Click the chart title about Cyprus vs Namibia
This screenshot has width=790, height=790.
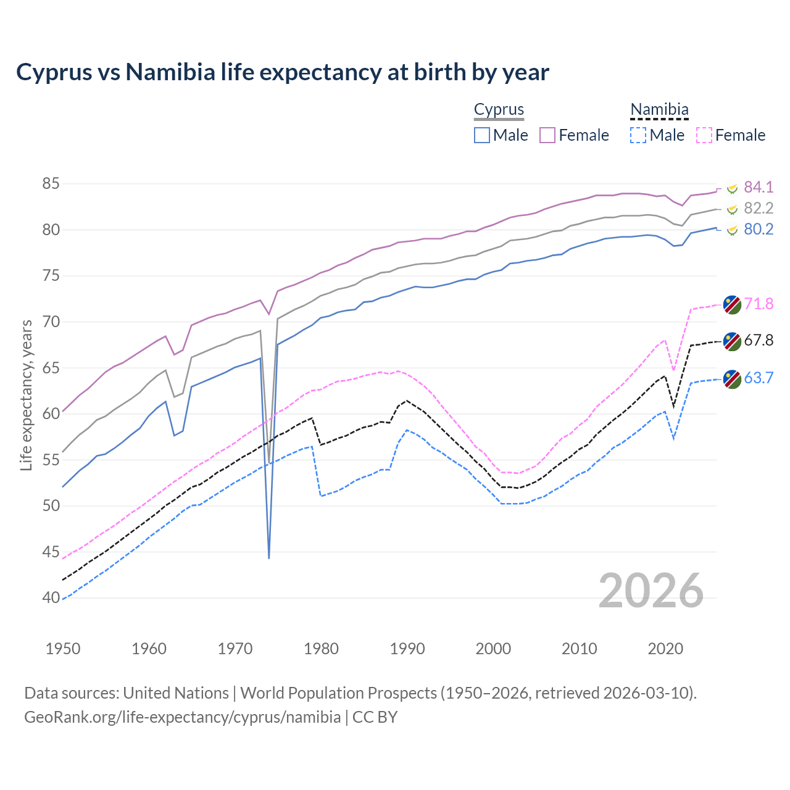282,72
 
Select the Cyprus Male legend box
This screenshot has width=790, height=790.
482,135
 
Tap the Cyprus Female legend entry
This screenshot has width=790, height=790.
574,135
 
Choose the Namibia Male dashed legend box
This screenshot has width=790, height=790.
638,135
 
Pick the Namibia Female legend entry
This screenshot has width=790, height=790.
731,135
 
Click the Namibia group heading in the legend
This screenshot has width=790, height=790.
659,110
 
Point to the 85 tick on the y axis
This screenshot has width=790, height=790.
51,184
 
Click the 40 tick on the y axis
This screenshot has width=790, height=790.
51,597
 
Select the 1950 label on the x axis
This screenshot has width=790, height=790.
63,649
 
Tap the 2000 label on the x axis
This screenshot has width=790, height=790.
493,649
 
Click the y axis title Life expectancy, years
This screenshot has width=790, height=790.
26,395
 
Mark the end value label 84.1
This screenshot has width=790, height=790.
759,187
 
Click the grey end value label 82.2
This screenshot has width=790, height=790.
759,208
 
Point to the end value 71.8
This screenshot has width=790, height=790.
759,304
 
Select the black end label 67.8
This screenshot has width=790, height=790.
759,341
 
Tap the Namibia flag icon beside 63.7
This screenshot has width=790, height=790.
732,379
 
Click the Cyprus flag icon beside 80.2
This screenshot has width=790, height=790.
732,230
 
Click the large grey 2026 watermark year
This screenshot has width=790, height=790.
651,591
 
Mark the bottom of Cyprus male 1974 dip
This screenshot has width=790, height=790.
269,557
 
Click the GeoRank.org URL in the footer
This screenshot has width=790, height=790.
182,717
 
